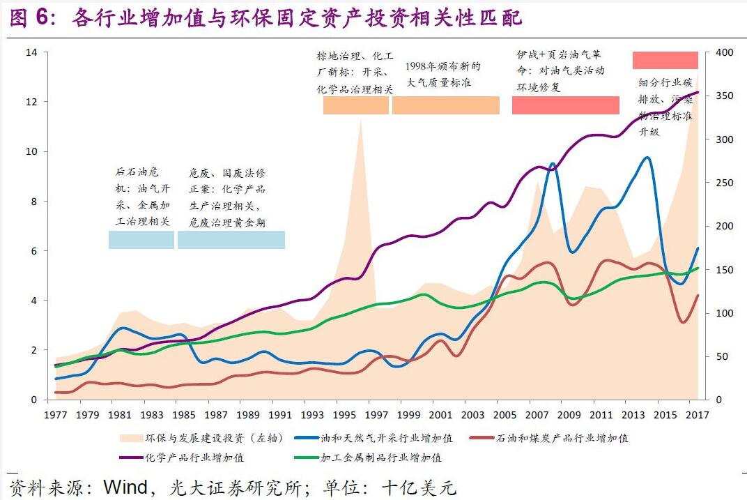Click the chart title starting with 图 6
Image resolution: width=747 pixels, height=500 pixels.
tap(265, 17)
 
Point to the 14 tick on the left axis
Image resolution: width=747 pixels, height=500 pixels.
tap(31, 52)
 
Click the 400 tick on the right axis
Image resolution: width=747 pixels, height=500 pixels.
tap(725, 52)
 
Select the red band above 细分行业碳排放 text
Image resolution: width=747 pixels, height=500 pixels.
tap(665, 60)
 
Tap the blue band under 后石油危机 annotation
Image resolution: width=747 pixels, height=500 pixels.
tap(141, 239)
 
